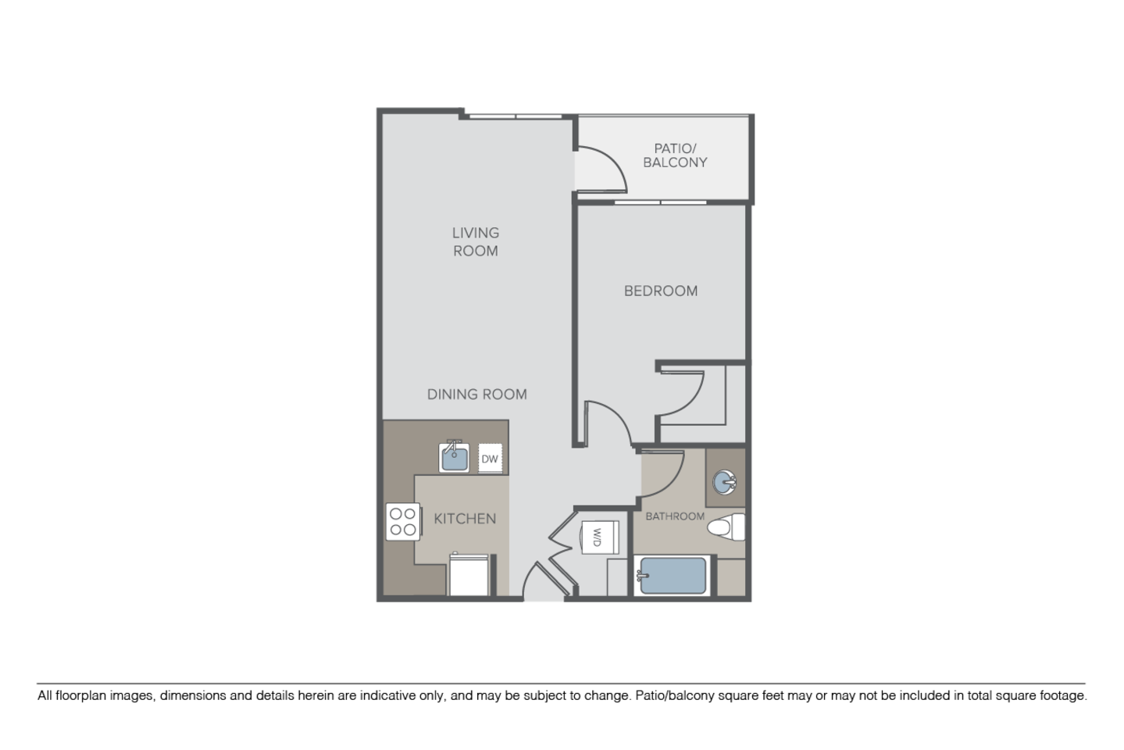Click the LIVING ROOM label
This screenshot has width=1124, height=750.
tap(476, 241)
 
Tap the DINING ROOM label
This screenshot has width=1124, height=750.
tap(476, 395)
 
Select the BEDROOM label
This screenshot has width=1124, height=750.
tap(660, 291)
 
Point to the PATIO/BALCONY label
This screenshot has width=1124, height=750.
tap(675, 155)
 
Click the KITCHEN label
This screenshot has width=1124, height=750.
tap(465, 519)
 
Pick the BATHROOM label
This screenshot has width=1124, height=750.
tap(675, 516)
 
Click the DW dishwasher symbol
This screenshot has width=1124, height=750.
tap(490, 459)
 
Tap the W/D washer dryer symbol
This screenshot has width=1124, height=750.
tap(598, 537)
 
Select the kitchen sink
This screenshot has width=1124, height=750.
tap(454, 457)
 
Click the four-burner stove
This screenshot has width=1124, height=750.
tap(403, 522)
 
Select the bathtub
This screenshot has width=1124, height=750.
tap(672, 577)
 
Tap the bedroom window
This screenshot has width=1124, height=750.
tap(660, 202)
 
